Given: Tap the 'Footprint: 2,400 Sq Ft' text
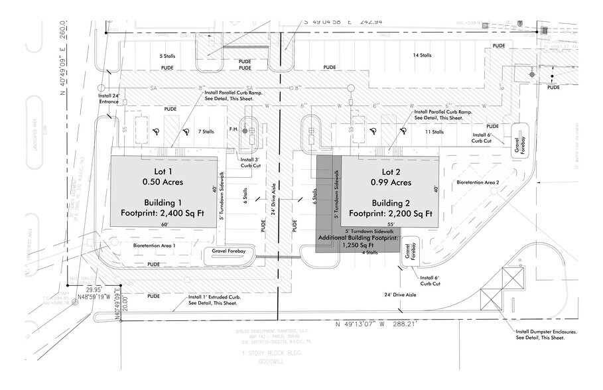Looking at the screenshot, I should coord(163,214).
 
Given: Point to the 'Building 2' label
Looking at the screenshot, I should coord(392,202).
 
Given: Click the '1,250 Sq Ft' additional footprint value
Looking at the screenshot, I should coord(358,245).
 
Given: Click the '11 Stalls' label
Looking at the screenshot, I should coord(433,131).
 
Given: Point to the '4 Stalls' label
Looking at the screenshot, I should coord(369,252).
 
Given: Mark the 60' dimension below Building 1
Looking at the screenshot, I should coord(163,225).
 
